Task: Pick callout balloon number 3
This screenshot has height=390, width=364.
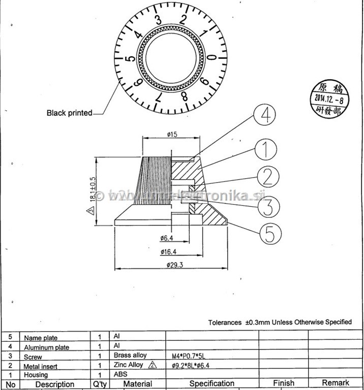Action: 268,207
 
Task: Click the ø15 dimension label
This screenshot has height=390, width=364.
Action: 171,135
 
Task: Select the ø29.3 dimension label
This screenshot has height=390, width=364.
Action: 175,264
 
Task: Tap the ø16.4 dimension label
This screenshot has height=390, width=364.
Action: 168,251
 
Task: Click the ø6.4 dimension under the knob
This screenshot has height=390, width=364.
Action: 167,238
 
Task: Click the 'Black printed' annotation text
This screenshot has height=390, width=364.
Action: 69,113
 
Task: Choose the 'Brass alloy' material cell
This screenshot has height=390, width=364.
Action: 130,355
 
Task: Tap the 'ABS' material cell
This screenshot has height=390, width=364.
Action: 120,374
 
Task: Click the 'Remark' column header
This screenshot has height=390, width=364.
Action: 335,383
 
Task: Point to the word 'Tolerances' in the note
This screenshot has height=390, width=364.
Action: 224,322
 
